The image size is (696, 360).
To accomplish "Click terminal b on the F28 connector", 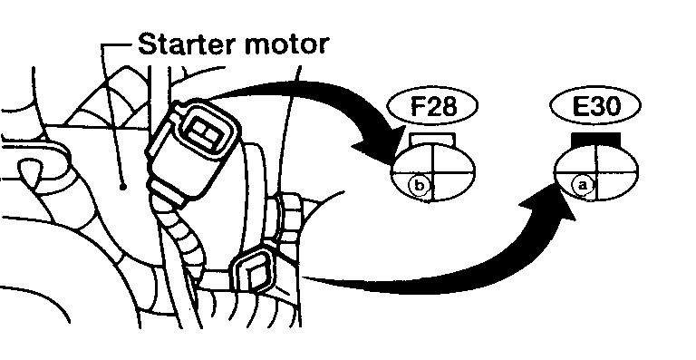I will click(x=419, y=185).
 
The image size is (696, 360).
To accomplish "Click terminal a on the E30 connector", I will click(x=585, y=184).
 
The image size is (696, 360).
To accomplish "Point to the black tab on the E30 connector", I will click(x=596, y=138).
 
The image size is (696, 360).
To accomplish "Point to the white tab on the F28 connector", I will click(x=430, y=139).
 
